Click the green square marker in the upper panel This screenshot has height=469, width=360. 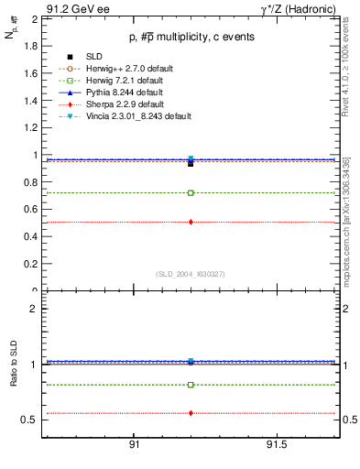click(191, 192)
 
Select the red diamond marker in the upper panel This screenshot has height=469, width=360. click(191, 222)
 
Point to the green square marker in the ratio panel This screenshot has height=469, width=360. click(191, 385)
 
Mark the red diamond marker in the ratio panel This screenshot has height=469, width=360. click(191, 413)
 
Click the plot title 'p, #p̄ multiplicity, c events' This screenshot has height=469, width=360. click(190, 37)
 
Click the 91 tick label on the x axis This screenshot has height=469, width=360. click(134, 446)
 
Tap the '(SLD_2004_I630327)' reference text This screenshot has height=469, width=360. click(190, 273)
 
